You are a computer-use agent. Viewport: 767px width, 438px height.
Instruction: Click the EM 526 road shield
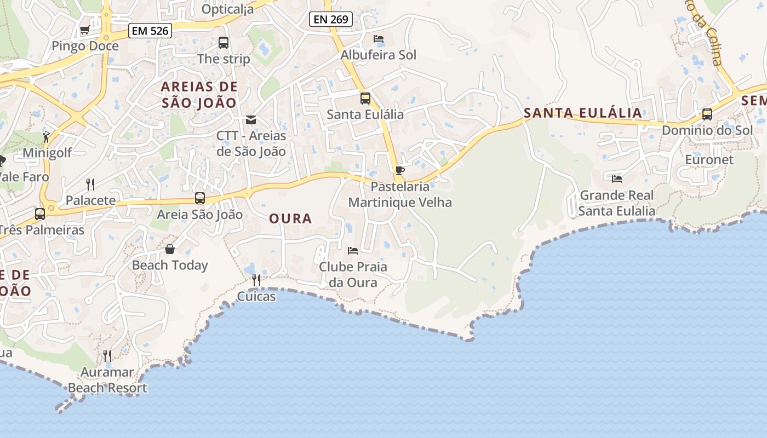pyautogui.click(x=151, y=31)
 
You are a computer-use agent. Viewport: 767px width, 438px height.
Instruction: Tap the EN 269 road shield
pyautogui.click(x=331, y=19)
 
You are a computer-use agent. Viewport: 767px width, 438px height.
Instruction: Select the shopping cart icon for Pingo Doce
pyautogui.click(x=84, y=30)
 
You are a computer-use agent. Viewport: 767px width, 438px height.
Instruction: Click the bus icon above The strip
pyautogui.click(x=224, y=43)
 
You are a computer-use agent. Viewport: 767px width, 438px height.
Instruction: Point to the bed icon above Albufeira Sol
pyautogui.click(x=379, y=39)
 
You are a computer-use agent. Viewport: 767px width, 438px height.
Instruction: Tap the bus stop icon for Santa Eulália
pyautogui.click(x=365, y=99)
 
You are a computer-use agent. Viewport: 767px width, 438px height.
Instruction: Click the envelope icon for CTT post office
pyautogui.click(x=251, y=120)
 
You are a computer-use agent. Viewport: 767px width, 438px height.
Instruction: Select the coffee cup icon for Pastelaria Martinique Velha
pyautogui.click(x=400, y=171)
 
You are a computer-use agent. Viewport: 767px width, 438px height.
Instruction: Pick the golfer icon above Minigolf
pyautogui.click(x=47, y=137)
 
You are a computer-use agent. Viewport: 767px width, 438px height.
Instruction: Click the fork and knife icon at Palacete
pyautogui.click(x=90, y=185)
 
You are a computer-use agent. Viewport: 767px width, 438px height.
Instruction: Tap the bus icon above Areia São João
pyautogui.click(x=200, y=198)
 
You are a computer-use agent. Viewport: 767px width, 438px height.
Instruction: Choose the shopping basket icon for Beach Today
pyautogui.click(x=170, y=250)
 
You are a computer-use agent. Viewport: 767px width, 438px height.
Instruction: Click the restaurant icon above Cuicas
pyautogui.click(x=256, y=280)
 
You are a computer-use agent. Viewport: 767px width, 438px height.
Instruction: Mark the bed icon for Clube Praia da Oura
pyautogui.click(x=353, y=251)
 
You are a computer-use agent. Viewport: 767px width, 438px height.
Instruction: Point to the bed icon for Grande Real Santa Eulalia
pyautogui.click(x=617, y=179)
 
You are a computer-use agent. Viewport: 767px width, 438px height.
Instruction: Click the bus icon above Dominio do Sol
pyautogui.click(x=707, y=114)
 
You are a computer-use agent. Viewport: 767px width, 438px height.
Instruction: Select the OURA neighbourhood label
pyautogui.click(x=290, y=218)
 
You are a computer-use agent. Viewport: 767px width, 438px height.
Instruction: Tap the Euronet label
pyautogui.click(x=709, y=160)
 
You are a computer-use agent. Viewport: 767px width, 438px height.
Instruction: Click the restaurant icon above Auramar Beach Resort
pyautogui.click(x=107, y=356)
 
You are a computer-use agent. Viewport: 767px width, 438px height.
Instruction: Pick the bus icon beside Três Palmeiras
pyautogui.click(x=40, y=214)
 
